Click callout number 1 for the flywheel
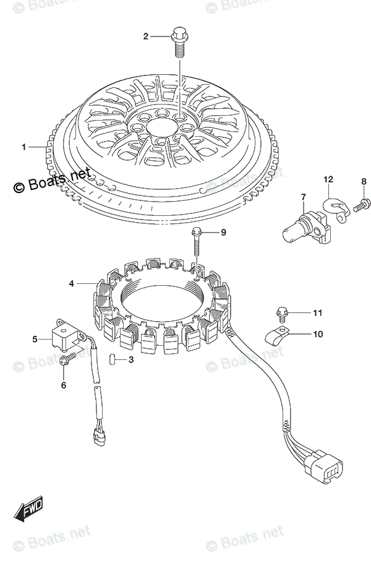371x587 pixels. pyautogui.click(x=24, y=147)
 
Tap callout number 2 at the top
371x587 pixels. pyautogui.click(x=147, y=36)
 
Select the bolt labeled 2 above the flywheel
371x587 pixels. pyautogui.click(x=180, y=38)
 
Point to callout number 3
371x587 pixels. pyautogui.click(x=130, y=359)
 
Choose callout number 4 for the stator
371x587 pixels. pyautogui.click(x=72, y=284)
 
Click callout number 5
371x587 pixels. pyautogui.click(x=35, y=338)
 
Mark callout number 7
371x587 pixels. pyautogui.click(x=304, y=197)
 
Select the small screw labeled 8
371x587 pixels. pyautogui.click(x=364, y=202)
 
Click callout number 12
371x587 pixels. pyautogui.click(x=328, y=180)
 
